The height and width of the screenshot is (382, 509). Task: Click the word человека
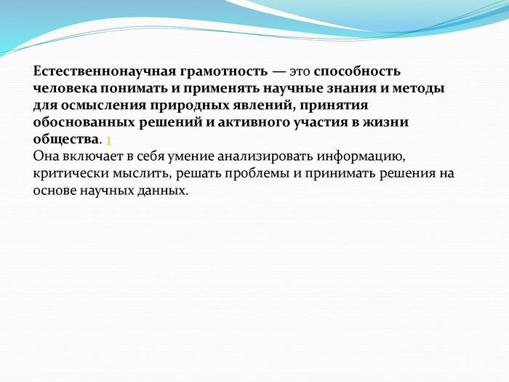pos(65,88)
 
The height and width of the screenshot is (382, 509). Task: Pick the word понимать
pos(133,89)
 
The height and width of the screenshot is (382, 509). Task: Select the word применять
pos(221,89)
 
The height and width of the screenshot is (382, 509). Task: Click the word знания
pos(351,89)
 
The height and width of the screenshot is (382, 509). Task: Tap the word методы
pos(418,89)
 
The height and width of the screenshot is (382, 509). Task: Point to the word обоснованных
pos(84,122)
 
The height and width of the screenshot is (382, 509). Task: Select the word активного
pos(254,122)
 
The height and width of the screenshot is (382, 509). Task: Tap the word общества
pos(65,140)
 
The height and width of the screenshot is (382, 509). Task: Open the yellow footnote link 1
pos(108,140)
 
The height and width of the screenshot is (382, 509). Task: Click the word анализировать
pos(265,156)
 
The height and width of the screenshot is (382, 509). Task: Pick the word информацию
pos(361,156)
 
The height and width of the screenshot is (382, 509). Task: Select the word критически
pos(71,173)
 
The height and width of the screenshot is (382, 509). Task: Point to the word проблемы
pos(257,173)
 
